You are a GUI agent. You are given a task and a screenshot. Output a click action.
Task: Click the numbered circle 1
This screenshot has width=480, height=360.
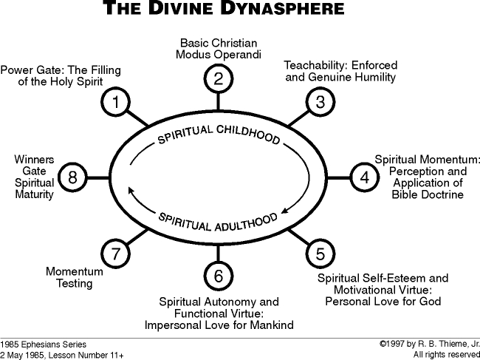click(117, 103)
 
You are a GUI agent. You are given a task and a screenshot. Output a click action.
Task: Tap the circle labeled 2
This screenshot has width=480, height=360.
click(219, 78)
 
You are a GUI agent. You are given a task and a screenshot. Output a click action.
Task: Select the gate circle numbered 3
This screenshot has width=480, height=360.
click(320, 103)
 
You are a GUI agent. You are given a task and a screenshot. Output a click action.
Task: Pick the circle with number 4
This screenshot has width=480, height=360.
click(364, 177)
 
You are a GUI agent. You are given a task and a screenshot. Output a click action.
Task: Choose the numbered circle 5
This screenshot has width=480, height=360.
click(319, 254)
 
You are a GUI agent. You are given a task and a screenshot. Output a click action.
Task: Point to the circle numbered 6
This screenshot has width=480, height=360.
click(219, 276)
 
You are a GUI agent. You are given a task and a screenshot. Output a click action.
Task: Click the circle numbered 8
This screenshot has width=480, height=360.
click(72, 177)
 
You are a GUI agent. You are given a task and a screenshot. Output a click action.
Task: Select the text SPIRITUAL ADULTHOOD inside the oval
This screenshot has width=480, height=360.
click(219, 220)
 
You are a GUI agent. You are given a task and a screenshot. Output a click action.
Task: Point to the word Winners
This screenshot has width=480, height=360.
click(34, 159)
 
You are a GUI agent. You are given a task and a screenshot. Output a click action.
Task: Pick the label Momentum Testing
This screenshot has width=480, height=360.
click(74, 277)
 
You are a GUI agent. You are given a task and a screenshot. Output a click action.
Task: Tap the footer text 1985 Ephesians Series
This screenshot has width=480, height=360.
click(44, 344)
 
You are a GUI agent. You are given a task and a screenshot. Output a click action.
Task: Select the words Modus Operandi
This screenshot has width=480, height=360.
click(219, 54)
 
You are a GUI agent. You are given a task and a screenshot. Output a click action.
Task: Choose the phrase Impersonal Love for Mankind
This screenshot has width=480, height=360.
click(219, 325)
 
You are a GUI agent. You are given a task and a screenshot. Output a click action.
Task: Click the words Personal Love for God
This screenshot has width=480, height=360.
click(383, 301)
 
